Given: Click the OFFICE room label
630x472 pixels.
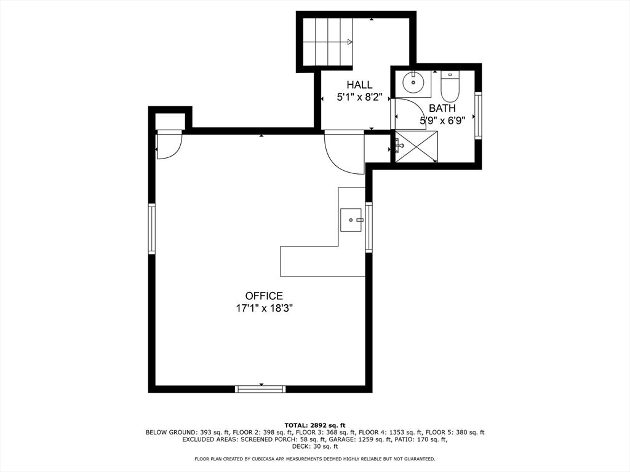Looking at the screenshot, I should click(x=263, y=296).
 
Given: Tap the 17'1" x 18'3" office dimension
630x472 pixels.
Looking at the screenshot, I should click(x=263, y=309).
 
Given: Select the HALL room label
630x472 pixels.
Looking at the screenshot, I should click(x=359, y=85).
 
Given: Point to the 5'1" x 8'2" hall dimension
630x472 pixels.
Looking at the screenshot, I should click(x=359, y=97).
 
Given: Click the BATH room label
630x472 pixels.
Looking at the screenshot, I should click(x=442, y=108).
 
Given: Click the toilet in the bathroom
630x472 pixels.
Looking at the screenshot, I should click(x=450, y=88).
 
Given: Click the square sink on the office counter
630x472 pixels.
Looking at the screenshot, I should click(x=351, y=219).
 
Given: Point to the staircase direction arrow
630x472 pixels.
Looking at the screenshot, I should click(x=349, y=42).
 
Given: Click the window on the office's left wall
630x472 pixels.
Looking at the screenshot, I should click(x=152, y=229).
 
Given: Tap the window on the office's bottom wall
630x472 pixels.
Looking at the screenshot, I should click(x=261, y=388).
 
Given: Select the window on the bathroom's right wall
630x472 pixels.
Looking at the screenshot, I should click(x=478, y=116).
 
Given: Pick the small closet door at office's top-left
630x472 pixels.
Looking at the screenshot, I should click(x=168, y=145).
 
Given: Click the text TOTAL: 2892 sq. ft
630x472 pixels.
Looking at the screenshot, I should click(x=314, y=425).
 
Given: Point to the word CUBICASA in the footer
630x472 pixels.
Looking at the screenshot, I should click(x=274, y=459).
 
